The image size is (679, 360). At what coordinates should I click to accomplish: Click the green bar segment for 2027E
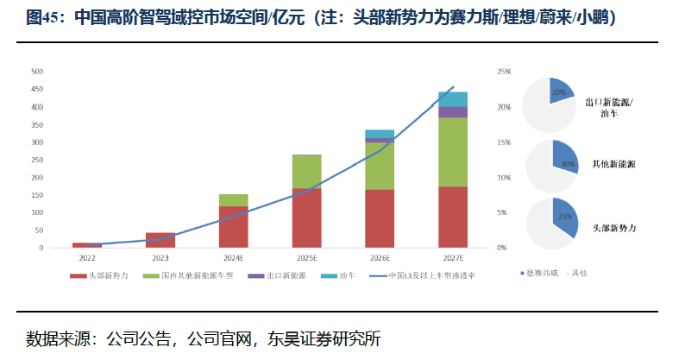[x=453, y=151]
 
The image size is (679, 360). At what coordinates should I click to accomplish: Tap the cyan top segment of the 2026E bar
[x=380, y=134]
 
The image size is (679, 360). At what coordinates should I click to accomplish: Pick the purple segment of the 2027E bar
[x=453, y=112]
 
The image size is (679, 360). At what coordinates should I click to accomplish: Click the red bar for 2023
[x=160, y=240]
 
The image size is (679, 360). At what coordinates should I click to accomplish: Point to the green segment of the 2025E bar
[x=306, y=171]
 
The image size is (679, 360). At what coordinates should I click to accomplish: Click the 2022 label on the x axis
[x=87, y=258]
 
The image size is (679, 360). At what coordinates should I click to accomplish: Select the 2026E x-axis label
[x=380, y=258]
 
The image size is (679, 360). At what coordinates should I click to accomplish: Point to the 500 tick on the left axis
[x=37, y=72]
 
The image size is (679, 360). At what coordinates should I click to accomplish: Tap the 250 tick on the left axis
[x=37, y=160]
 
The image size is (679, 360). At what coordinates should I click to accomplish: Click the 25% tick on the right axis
[x=504, y=72]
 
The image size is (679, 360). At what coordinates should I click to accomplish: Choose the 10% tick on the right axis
[x=504, y=177]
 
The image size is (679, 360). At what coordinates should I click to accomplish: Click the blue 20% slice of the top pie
[x=562, y=92]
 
